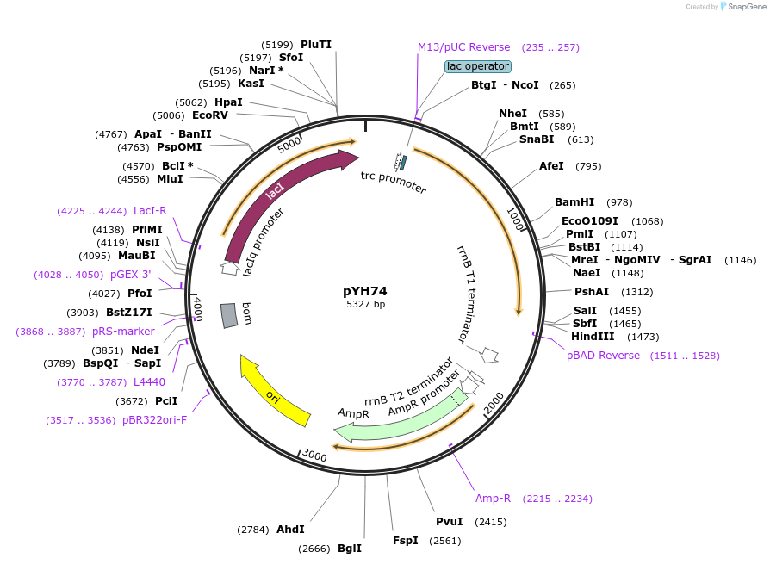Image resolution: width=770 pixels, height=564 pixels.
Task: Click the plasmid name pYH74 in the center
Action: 365,291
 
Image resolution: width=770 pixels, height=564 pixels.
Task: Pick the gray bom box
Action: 229,315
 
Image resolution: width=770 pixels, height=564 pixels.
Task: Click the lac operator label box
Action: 478,66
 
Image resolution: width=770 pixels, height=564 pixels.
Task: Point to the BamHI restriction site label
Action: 574,202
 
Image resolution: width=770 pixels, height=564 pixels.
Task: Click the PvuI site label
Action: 449,522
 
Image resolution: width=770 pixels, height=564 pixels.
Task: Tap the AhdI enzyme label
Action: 290,530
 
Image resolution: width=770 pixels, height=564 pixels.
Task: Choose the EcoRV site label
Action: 210,115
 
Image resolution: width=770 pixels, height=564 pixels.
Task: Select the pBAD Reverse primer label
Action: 603,356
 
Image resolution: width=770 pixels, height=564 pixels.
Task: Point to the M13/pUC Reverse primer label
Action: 463,47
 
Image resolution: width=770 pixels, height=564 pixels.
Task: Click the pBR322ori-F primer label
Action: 154,420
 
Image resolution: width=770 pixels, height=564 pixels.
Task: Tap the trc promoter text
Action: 394,182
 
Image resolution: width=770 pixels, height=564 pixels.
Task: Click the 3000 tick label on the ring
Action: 314,456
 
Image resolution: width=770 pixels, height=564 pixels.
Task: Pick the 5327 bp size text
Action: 365,305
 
